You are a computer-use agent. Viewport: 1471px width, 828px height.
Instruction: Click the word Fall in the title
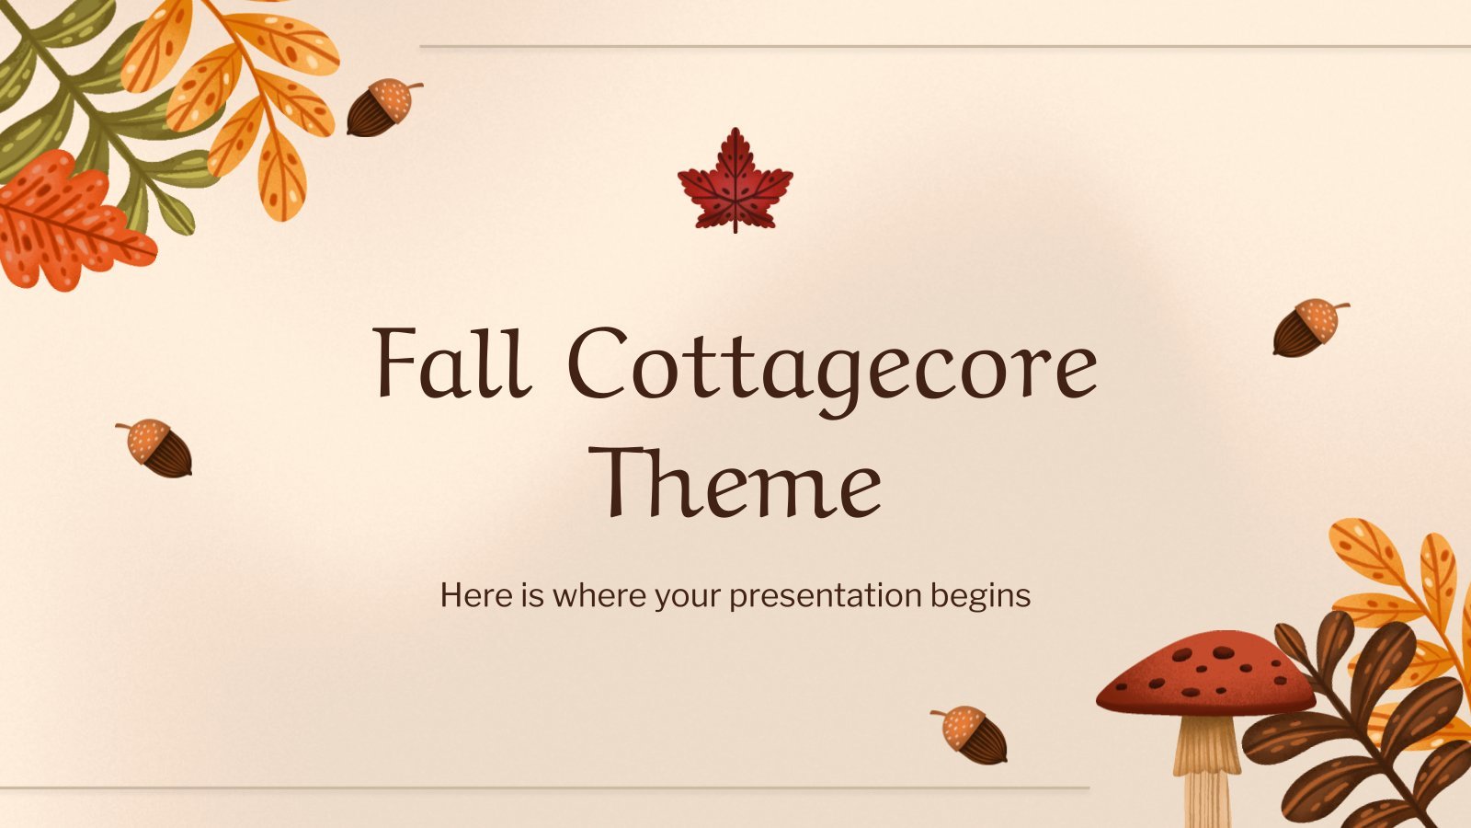pos(451,362)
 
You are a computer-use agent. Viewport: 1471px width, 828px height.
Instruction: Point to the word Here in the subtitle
pos(476,595)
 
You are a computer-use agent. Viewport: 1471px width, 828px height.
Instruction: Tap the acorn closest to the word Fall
pos(155,447)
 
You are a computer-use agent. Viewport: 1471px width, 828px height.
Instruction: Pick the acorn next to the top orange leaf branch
pos(383,107)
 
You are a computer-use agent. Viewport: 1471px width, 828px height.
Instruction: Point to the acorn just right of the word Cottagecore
pos(1310,328)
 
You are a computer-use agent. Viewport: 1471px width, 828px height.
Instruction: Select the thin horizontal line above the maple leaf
pos(945,46)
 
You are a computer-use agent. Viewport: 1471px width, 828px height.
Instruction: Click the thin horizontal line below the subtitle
pos(544,788)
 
